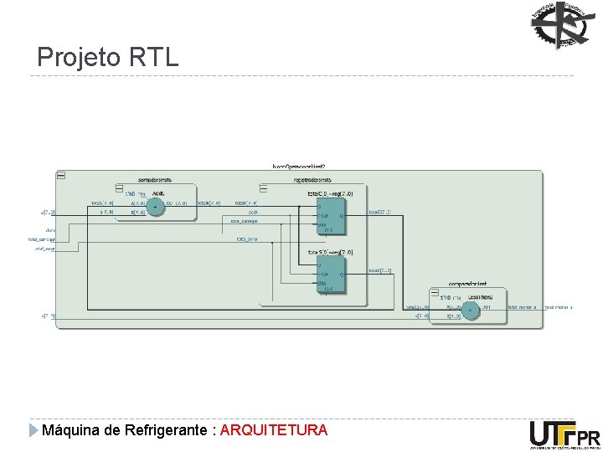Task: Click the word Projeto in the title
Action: coord(80,58)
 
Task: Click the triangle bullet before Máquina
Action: coord(33,430)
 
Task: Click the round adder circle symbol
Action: coord(155,207)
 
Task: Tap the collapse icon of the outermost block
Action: coord(60,175)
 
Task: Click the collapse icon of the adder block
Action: coord(120,187)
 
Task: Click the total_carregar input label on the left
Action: coord(41,239)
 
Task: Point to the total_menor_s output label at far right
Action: coord(559,307)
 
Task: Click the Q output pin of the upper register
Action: coord(340,217)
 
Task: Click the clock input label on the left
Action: coord(51,230)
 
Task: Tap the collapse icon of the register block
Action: coord(264,187)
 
